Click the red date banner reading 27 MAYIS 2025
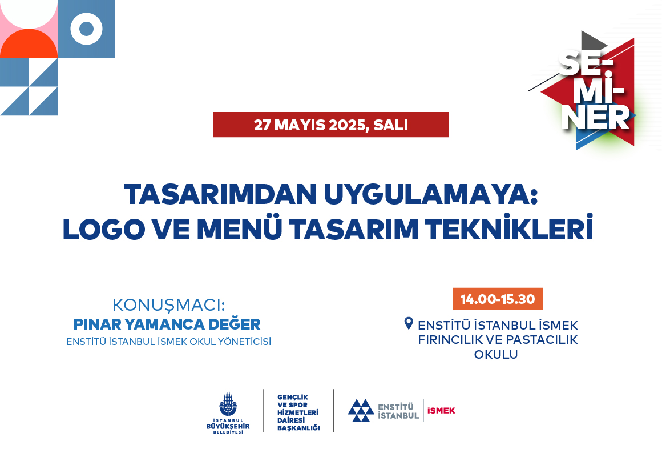pos(330,125)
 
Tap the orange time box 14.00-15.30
pos(497,299)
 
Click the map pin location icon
pos(408,323)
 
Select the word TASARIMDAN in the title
pos(220,194)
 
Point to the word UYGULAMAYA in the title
pos(431,194)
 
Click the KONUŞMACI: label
pos(168,305)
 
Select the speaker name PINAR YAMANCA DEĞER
pos(167,324)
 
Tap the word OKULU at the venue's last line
pos(496,354)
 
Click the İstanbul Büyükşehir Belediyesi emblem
pos(228,412)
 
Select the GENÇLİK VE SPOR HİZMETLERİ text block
pos(298,412)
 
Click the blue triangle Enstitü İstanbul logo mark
pos(361,411)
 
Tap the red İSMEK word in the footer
pos(441,411)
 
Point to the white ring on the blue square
pos(87,29)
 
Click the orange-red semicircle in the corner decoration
pos(29,43)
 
